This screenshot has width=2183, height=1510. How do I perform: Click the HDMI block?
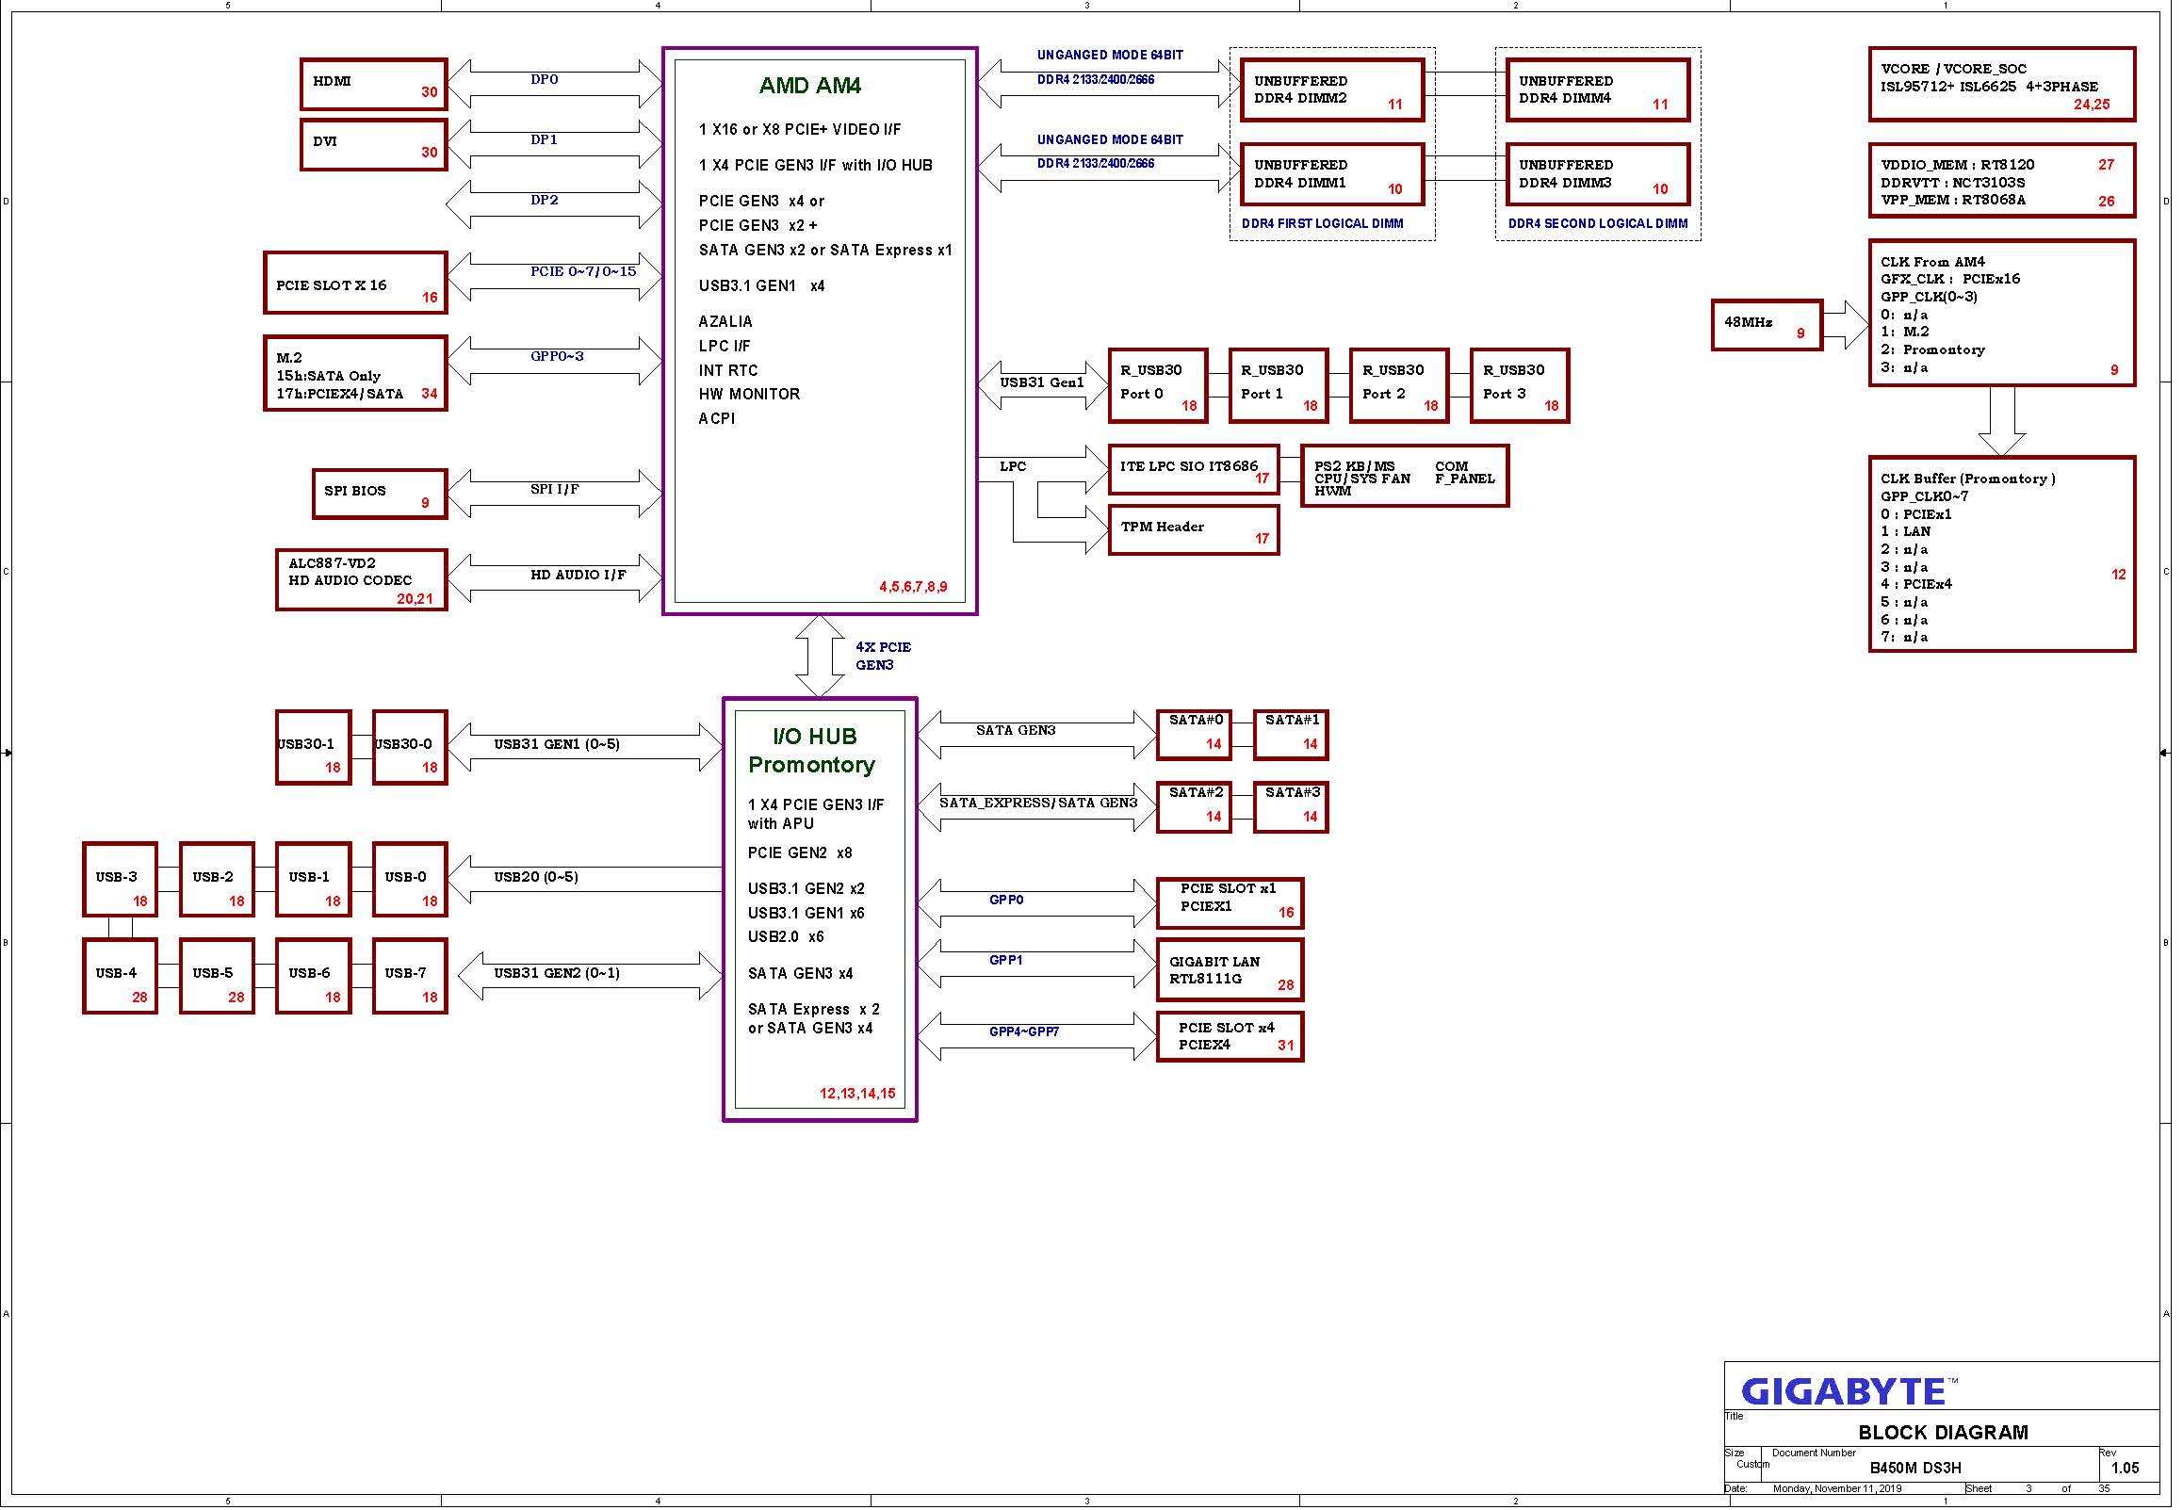(374, 84)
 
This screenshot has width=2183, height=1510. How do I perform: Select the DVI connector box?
(374, 145)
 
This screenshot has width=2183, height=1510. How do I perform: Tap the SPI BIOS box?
(381, 494)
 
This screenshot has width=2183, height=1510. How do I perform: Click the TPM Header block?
(1194, 529)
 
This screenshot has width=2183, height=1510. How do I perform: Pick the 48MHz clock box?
(1768, 326)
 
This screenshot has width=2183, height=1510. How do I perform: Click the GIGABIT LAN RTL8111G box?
(1230, 969)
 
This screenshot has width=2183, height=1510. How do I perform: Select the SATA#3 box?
(1291, 807)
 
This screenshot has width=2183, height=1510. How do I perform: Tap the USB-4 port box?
(121, 977)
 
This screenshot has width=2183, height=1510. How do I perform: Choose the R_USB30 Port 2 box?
(1399, 386)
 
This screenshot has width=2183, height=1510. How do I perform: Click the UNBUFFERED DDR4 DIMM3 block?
(1598, 174)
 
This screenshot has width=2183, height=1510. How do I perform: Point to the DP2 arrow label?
(544, 200)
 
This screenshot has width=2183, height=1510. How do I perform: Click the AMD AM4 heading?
(810, 86)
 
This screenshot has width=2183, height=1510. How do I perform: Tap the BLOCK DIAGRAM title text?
(1943, 1433)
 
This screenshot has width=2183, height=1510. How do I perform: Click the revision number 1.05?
(2125, 1469)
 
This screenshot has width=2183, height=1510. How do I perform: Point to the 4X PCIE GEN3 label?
(883, 656)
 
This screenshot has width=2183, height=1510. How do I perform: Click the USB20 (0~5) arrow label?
(535, 877)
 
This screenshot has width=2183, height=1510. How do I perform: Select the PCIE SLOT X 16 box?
(356, 283)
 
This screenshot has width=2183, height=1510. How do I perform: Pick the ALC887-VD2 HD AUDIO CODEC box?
(362, 580)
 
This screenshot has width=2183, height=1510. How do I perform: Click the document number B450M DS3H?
(1915, 1469)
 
